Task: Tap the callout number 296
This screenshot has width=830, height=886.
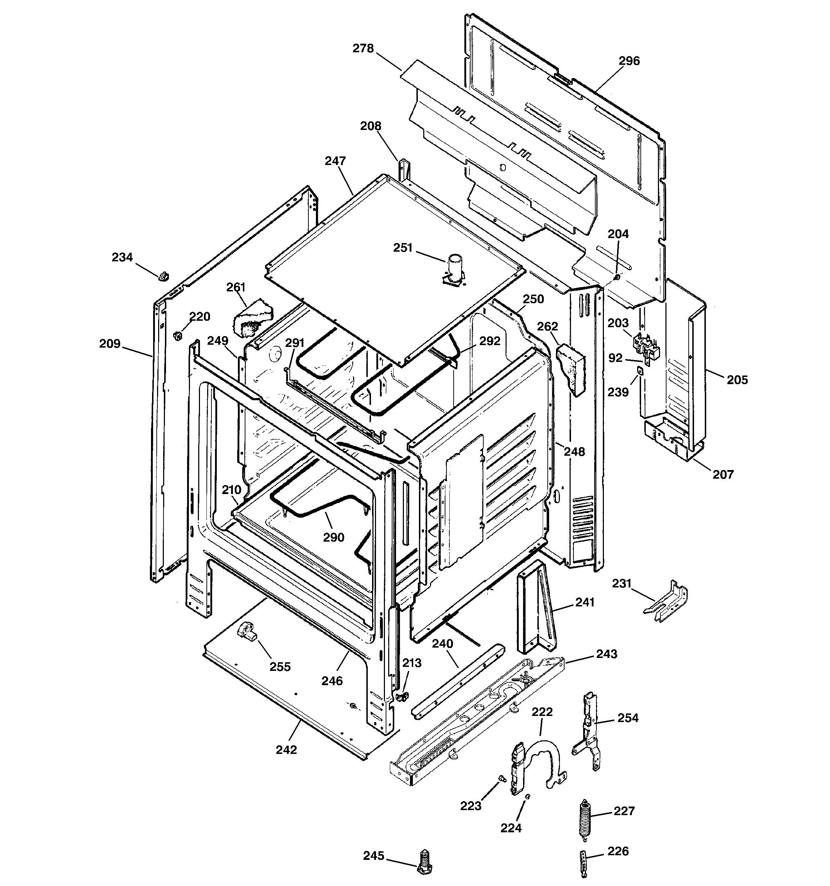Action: pyautogui.click(x=629, y=61)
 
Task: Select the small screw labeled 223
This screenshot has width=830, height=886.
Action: pyautogui.click(x=502, y=791)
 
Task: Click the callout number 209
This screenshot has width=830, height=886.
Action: pyautogui.click(x=109, y=344)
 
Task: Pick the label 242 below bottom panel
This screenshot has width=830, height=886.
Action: pyautogui.click(x=286, y=750)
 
